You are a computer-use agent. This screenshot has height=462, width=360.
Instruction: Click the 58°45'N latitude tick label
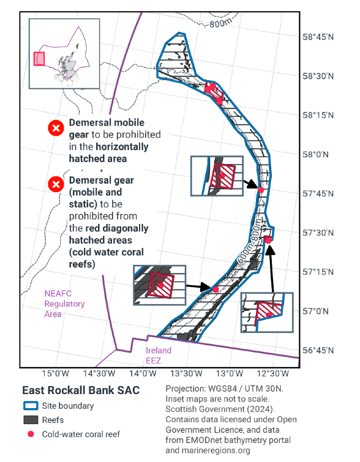click(319, 37)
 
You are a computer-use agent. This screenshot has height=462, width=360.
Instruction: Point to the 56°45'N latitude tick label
click(319, 351)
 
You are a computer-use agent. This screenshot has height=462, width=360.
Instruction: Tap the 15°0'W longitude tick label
click(54, 374)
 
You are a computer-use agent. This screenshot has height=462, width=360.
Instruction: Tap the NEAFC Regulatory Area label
click(64, 304)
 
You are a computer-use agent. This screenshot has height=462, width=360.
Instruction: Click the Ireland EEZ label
click(159, 355)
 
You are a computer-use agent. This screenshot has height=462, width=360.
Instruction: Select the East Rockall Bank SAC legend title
click(81, 390)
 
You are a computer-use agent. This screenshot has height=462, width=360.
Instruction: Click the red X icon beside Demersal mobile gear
click(56, 128)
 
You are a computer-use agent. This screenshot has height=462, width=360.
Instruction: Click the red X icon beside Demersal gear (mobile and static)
click(56, 184)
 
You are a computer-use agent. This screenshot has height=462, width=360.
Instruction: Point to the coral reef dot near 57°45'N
click(261, 190)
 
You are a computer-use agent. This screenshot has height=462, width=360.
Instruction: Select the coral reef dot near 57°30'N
click(268, 239)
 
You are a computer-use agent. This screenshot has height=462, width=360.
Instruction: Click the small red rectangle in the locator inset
click(39, 59)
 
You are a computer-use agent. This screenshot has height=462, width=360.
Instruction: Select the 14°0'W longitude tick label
click(143, 374)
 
